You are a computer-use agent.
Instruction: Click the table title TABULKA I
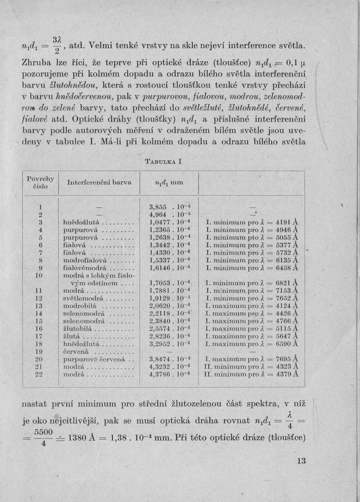point(163,162)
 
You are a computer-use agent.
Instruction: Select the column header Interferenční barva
point(99,182)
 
